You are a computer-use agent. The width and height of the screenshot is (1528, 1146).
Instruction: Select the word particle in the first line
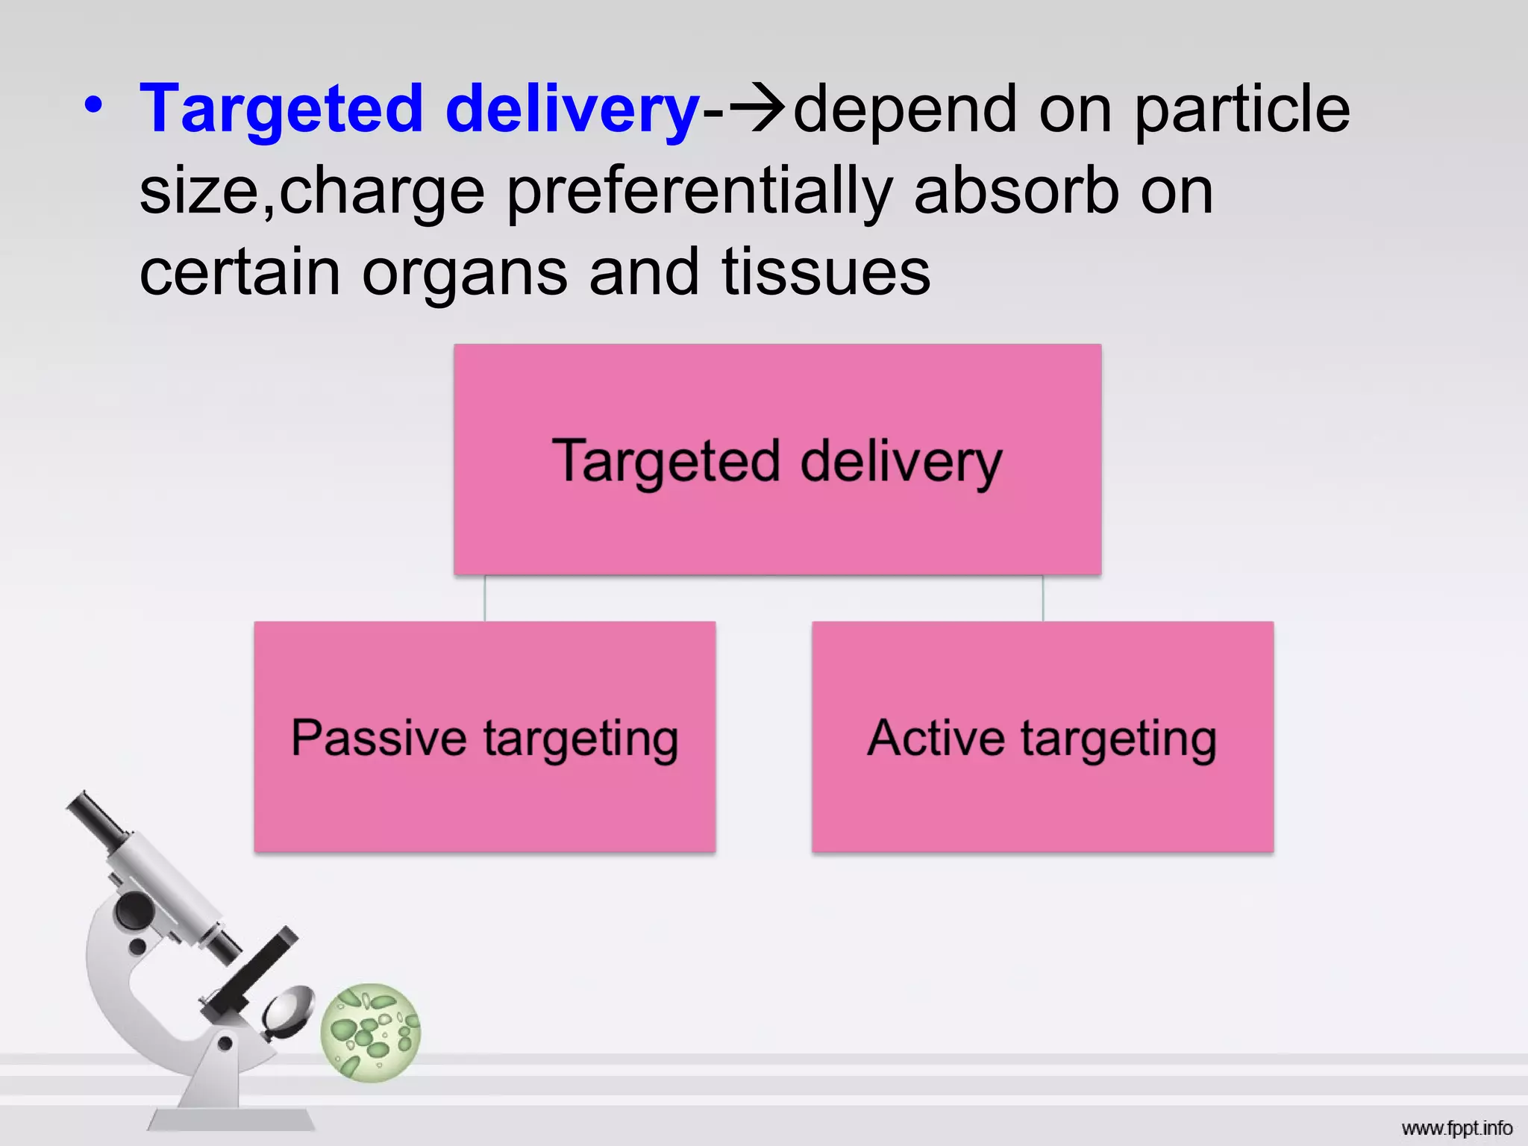[x=1241, y=109]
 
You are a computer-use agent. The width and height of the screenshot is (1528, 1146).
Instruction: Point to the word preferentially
[x=699, y=192]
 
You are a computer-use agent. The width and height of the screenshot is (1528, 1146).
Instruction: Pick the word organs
[x=464, y=272]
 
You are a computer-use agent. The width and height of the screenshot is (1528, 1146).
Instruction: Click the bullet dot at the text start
[x=93, y=105]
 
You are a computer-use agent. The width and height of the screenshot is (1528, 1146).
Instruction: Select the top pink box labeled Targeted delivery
[x=777, y=522]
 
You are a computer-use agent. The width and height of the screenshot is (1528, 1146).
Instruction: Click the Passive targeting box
[x=484, y=798]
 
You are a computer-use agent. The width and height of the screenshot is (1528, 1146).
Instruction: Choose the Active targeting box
[x=1042, y=798]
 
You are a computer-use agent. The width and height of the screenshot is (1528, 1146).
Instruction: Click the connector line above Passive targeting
[x=485, y=598]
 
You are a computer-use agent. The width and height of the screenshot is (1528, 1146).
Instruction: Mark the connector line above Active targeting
[x=1043, y=598]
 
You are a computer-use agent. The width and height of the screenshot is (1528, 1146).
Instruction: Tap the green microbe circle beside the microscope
[x=371, y=1033]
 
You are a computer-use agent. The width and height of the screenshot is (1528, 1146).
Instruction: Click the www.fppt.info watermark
[x=1456, y=1128]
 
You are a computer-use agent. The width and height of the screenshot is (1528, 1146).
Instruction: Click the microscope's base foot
[x=231, y=1118]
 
